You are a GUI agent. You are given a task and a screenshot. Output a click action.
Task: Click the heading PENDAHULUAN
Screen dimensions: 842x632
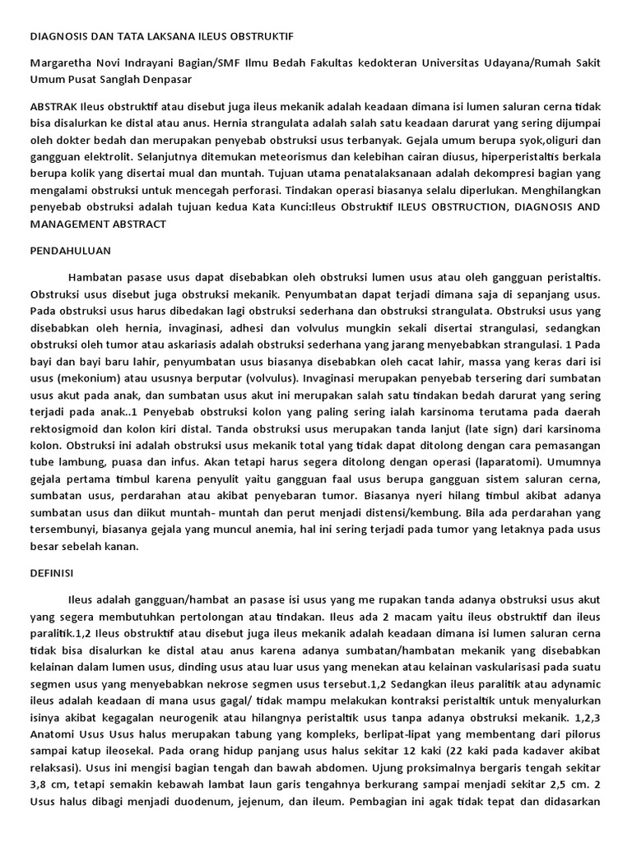69,249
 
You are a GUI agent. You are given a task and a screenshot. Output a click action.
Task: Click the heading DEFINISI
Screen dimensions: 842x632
51,571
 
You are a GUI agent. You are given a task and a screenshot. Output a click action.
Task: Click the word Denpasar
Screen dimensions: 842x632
164,80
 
